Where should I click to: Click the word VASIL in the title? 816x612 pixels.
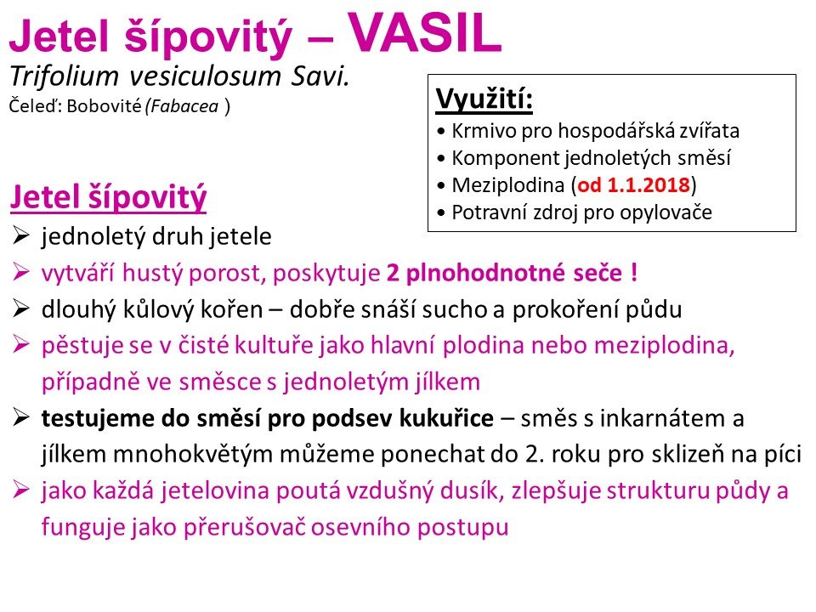click(424, 32)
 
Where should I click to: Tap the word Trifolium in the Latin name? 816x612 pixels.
click(65, 76)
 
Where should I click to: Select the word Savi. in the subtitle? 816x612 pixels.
click(320, 76)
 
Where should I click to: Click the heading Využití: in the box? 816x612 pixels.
click(484, 99)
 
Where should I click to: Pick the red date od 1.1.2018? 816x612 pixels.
click(634, 184)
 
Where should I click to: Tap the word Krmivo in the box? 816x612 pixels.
click(484, 131)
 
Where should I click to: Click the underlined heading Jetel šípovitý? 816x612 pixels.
click(108, 198)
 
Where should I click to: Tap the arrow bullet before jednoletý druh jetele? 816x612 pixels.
click(20, 235)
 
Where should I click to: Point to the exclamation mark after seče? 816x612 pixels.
click(634, 272)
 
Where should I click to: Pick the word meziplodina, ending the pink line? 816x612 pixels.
click(664, 346)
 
